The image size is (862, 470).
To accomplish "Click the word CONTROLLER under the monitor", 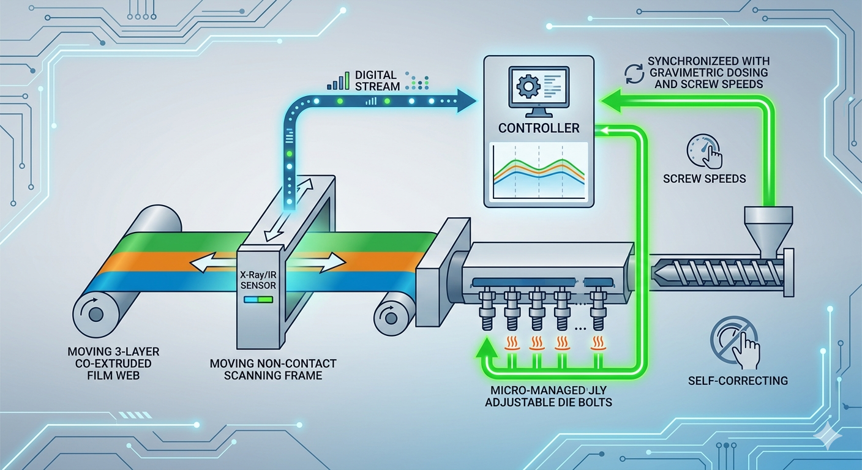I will (539, 129).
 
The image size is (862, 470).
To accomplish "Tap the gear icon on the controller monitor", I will (527, 86).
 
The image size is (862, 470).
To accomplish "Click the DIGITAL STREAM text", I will (377, 80).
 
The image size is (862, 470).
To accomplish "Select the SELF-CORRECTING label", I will (737, 380).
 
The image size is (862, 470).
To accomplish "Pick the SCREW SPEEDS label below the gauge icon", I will (704, 179).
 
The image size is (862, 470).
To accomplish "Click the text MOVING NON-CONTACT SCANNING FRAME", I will (273, 369).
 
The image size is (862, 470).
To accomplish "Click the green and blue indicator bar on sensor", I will (258, 300).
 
